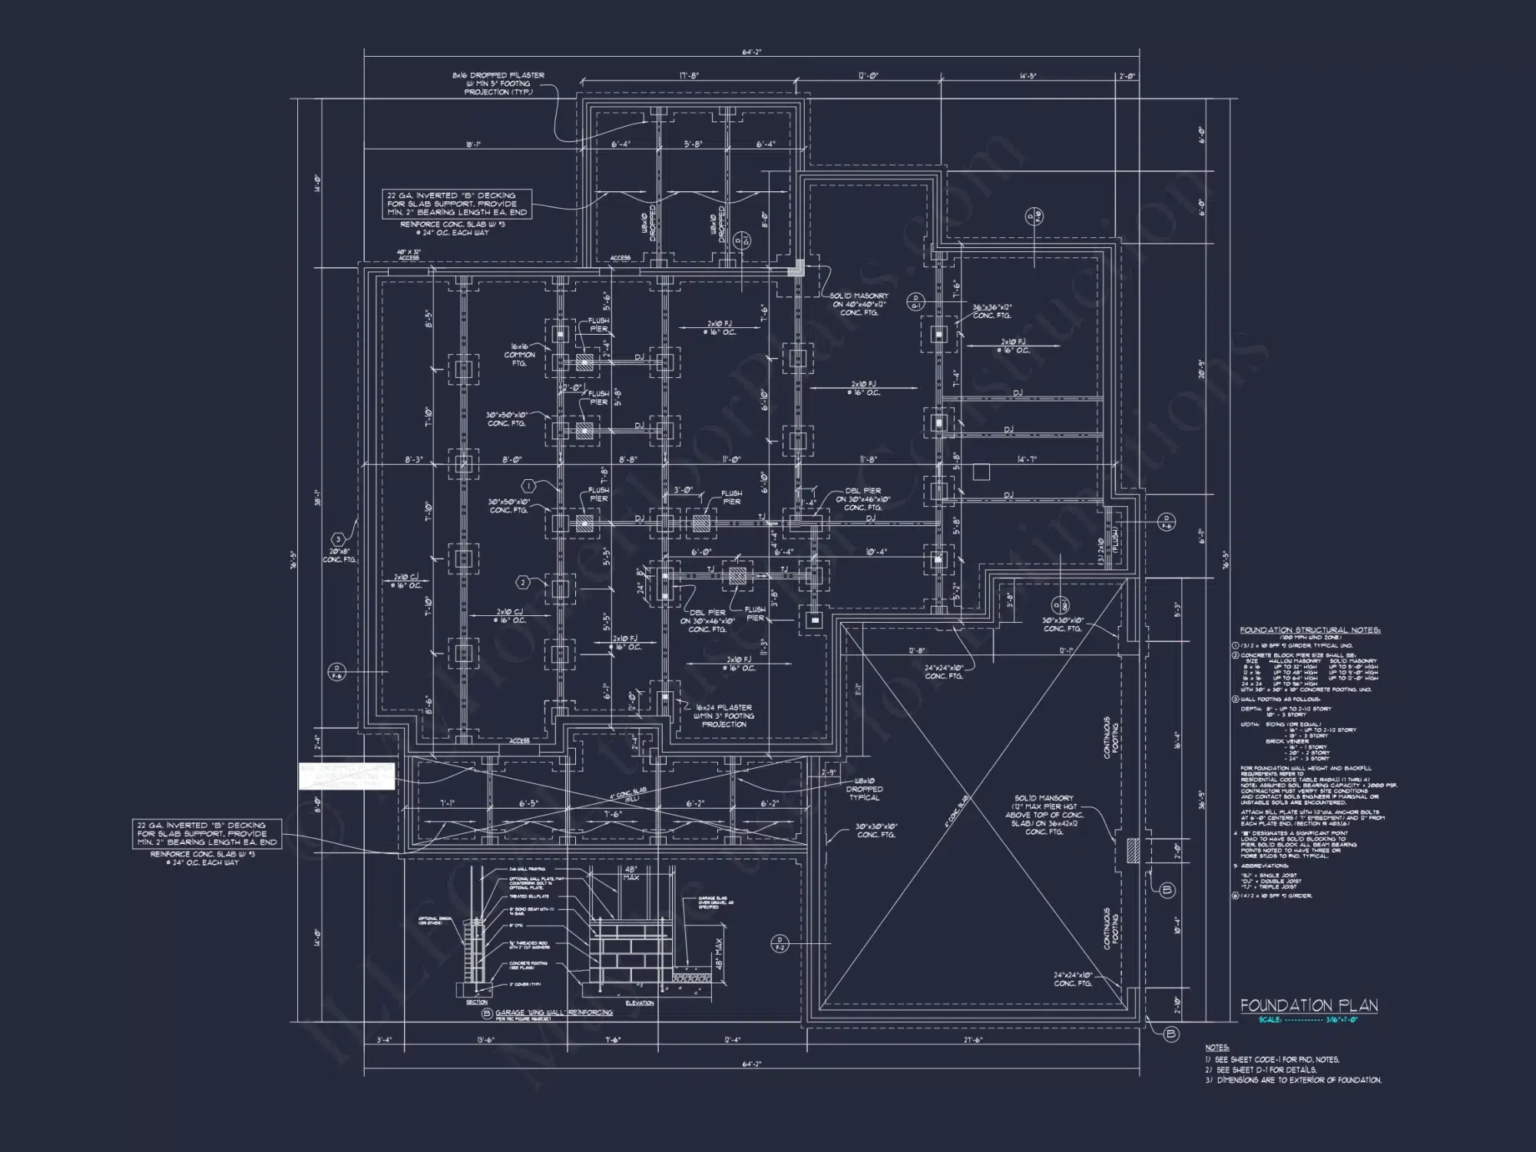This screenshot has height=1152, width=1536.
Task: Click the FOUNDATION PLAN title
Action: pyautogui.click(x=1309, y=1005)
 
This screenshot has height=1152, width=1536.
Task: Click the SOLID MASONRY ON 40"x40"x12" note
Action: pyautogui.click(x=860, y=304)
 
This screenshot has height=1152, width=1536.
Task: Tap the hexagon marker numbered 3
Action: pyautogui.click(x=337, y=540)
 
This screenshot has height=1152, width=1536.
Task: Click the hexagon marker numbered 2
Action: pyautogui.click(x=523, y=583)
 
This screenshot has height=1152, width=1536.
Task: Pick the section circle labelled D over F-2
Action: pyautogui.click(x=779, y=944)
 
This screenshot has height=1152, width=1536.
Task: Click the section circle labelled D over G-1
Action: pyautogui.click(x=915, y=301)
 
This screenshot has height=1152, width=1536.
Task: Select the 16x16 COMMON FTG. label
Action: pyautogui.click(x=520, y=355)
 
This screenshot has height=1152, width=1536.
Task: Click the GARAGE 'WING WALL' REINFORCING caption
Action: pyautogui.click(x=553, y=1013)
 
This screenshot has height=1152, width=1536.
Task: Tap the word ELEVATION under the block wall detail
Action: pyautogui.click(x=639, y=1003)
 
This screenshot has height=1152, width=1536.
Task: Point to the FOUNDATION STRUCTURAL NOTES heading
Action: pyautogui.click(x=1309, y=631)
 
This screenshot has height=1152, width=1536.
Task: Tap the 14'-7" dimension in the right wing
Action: pyautogui.click(x=1027, y=459)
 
